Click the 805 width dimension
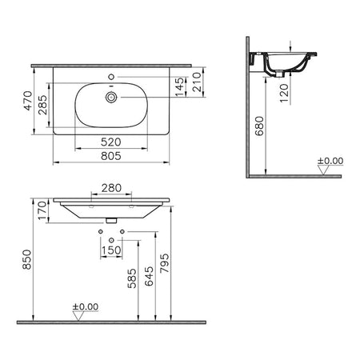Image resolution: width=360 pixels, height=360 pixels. click(x=111, y=156)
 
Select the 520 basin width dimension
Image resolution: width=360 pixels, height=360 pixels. click(x=111, y=142)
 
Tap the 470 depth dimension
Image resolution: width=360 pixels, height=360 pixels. click(x=28, y=101)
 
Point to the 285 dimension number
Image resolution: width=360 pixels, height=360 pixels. click(x=42, y=105)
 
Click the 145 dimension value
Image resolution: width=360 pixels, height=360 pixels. click(x=180, y=86)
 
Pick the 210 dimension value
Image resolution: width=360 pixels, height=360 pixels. click(x=197, y=82)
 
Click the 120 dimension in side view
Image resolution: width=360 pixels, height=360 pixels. click(x=284, y=94)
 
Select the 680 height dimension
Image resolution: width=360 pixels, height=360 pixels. click(x=259, y=126)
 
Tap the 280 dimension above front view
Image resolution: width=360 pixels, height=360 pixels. click(x=111, y=188)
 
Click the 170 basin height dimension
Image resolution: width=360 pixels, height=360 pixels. click(x=42, y=210)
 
